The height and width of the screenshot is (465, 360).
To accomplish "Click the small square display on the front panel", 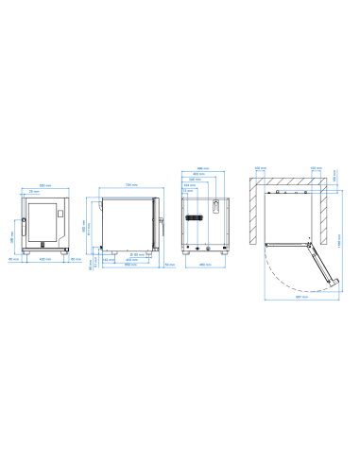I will [x=60, y=213].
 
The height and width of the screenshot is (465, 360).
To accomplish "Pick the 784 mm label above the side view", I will [x=131, y=184].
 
